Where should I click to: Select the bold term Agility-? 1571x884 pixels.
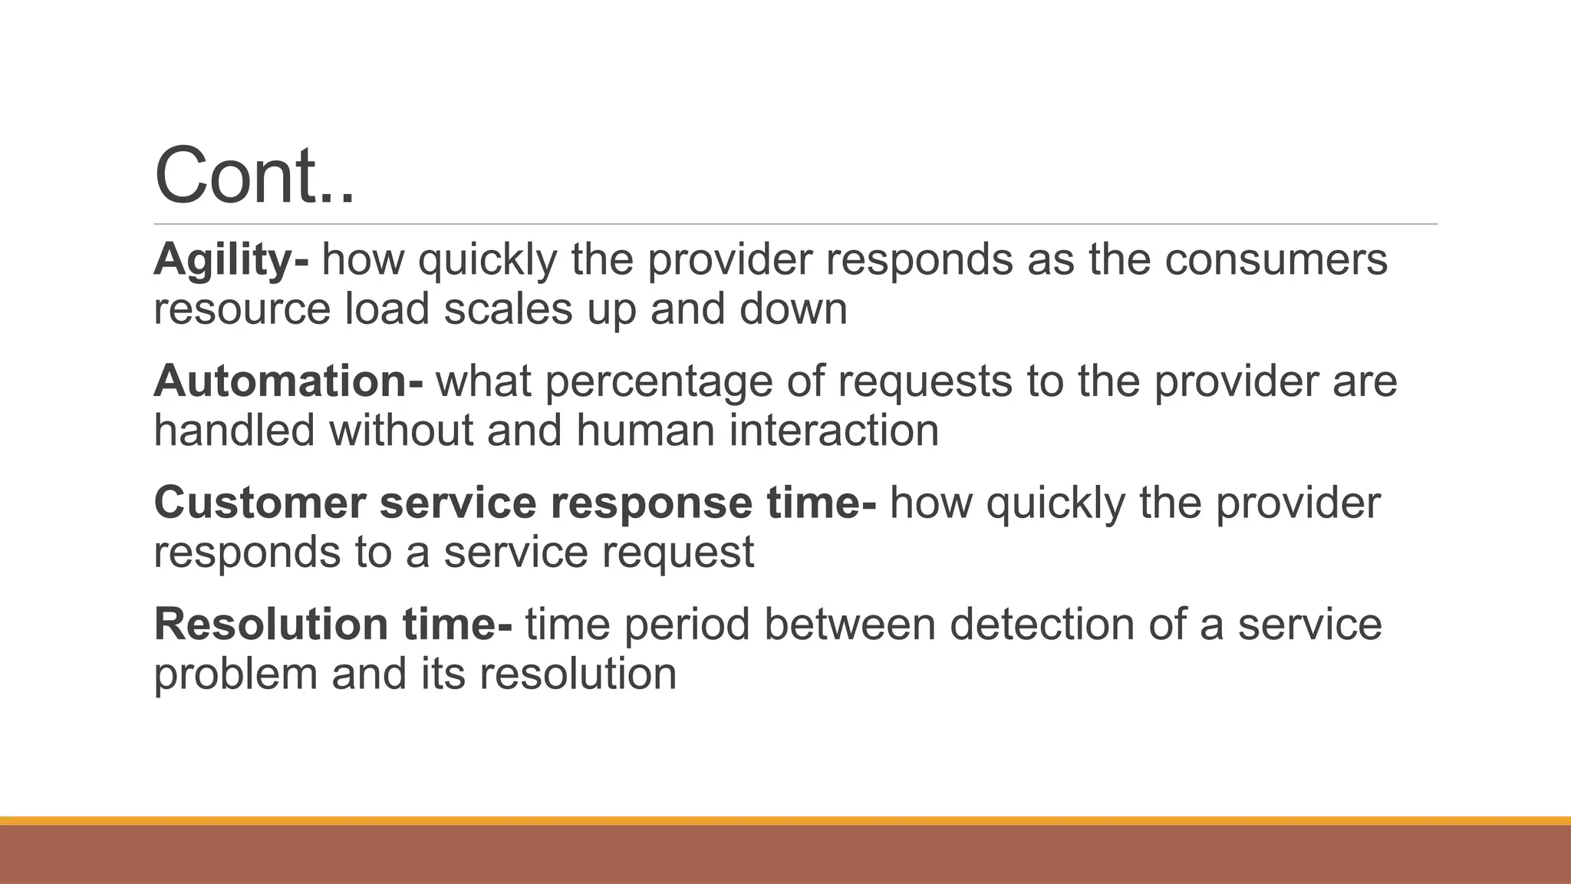point(231,259)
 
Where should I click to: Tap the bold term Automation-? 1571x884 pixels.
point(288,381)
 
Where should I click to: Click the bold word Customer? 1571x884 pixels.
point(259,503)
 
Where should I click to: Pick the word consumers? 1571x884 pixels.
point(1276,259)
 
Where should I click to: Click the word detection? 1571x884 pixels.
point(1042,624)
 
